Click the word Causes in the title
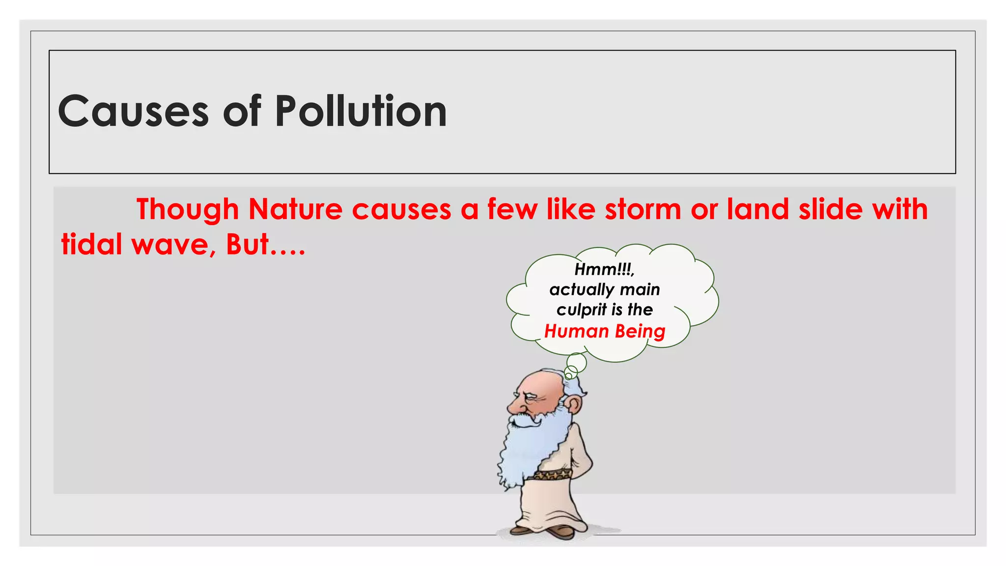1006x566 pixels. (133, 112)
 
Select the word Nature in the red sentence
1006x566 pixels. (295, 209)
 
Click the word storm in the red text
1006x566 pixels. (643, 209)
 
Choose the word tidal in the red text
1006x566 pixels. (91, 244)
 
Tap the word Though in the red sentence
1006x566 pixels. (187, 210)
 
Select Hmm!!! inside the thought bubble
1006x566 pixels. (604, 269)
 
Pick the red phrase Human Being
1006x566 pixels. (605, 332)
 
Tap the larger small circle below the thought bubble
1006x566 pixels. (577, 363)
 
